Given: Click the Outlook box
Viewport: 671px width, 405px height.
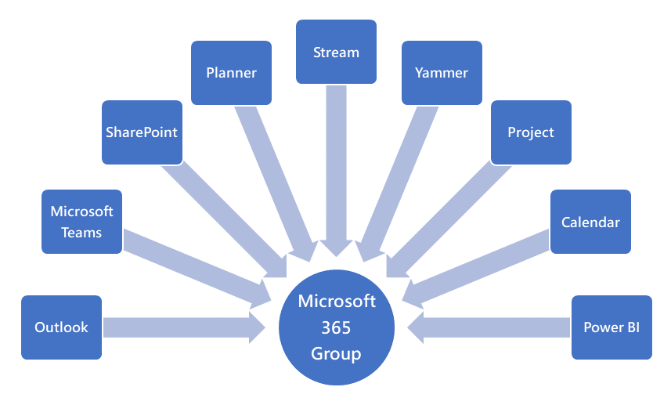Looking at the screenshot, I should pyautogui.click(x=61, y=327).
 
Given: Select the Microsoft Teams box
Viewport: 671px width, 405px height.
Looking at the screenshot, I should pyautogui.click(x=81, y=222).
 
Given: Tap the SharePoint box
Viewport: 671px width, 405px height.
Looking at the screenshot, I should pyautogui.click(x=142, y=132).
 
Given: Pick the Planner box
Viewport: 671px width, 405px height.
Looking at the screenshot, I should pyautogui.click(x=232, y=73).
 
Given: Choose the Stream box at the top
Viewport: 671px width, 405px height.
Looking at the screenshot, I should pyautogui.click(x=336, y=52).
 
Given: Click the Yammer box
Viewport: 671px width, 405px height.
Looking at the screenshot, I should pyautogui.click(x=442, y=73).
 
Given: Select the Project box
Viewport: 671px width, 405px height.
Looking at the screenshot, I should pyautogui.click(x=531, y=132).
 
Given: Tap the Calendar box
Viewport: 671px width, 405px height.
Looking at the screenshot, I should pyautogui.click(x=590, y=222).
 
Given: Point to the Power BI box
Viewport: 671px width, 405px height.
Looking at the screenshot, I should pyautogui.click(x=611, y=327).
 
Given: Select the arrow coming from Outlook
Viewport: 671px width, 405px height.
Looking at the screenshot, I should pyautogui.click(x=180, y=327).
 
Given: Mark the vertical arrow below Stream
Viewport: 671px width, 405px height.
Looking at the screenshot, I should pyautogui.click(x=336, y=165).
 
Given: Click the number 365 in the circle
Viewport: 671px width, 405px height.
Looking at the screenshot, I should pyautogui.click(x=336, y=327).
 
